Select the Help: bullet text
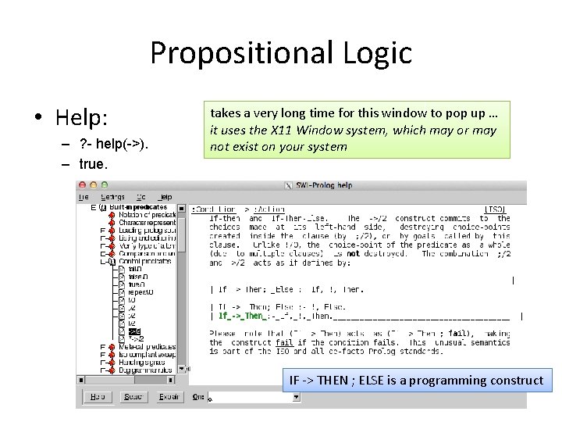(81, 118)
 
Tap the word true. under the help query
(94, 165)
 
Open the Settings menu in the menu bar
(112, 197)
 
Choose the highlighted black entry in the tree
(134, 331)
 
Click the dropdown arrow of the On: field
(296, 397)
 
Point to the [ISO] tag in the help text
(495, 209)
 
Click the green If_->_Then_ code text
(241, 316)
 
